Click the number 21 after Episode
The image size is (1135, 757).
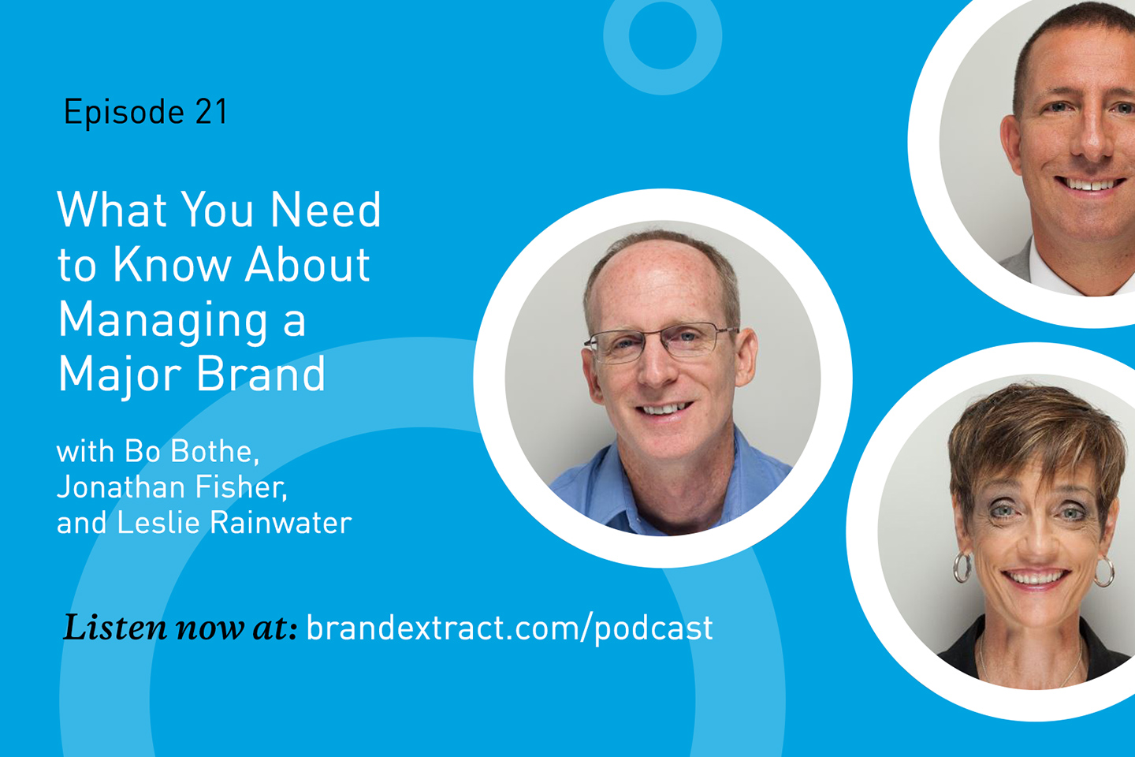(211, 111)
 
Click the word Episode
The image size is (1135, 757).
(124, 113)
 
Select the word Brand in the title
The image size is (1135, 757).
(260, 374)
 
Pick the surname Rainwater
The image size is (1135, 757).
(281, 522)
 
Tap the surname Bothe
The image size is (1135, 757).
(215, 451)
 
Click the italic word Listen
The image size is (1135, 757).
(115, 627)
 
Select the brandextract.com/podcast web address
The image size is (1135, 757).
(510, 628)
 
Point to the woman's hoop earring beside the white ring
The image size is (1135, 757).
(962, 568)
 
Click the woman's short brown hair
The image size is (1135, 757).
(1033, 436)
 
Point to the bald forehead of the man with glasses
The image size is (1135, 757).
(659, 284)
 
